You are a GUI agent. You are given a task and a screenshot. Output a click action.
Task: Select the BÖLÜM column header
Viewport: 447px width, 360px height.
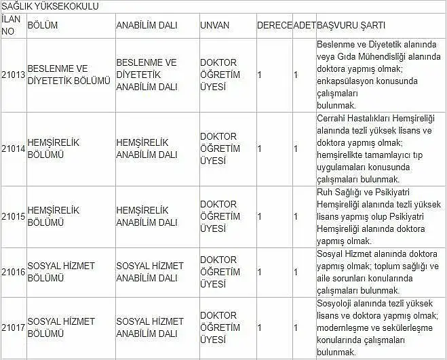tap(43, 25)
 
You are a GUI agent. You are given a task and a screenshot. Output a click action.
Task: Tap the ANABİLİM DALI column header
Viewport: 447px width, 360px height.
tap(147, 25)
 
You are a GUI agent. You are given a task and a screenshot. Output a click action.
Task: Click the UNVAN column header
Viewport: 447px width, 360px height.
tap(214, 25)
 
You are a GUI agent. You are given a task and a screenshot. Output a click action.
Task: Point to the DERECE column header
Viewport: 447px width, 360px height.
tap(274, 25)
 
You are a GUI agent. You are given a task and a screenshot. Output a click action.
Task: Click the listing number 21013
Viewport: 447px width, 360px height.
tap(13, 75)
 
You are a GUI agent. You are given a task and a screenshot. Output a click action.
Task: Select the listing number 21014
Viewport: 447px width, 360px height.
tap(13, 148)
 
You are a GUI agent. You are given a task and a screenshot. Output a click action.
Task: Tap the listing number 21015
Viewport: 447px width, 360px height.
tap(13, 216)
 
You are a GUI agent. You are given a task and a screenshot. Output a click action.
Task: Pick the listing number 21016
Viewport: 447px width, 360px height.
tap(13, 272)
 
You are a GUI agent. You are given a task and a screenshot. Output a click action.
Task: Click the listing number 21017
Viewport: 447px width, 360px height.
tap(13, 327)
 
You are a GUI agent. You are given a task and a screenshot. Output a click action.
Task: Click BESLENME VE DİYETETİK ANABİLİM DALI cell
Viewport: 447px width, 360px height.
tap(147, 75)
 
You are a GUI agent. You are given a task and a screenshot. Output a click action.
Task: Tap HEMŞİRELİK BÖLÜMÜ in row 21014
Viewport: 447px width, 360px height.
tap(54, 148)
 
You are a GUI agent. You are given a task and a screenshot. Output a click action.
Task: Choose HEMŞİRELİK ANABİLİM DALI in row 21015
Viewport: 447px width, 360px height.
tap(147, 216)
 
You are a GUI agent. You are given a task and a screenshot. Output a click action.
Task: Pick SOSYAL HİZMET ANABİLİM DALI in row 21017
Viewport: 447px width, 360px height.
tap(150, 327)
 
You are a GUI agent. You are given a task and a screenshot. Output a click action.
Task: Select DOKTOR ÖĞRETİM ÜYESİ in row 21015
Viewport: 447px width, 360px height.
tap(220, 216)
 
